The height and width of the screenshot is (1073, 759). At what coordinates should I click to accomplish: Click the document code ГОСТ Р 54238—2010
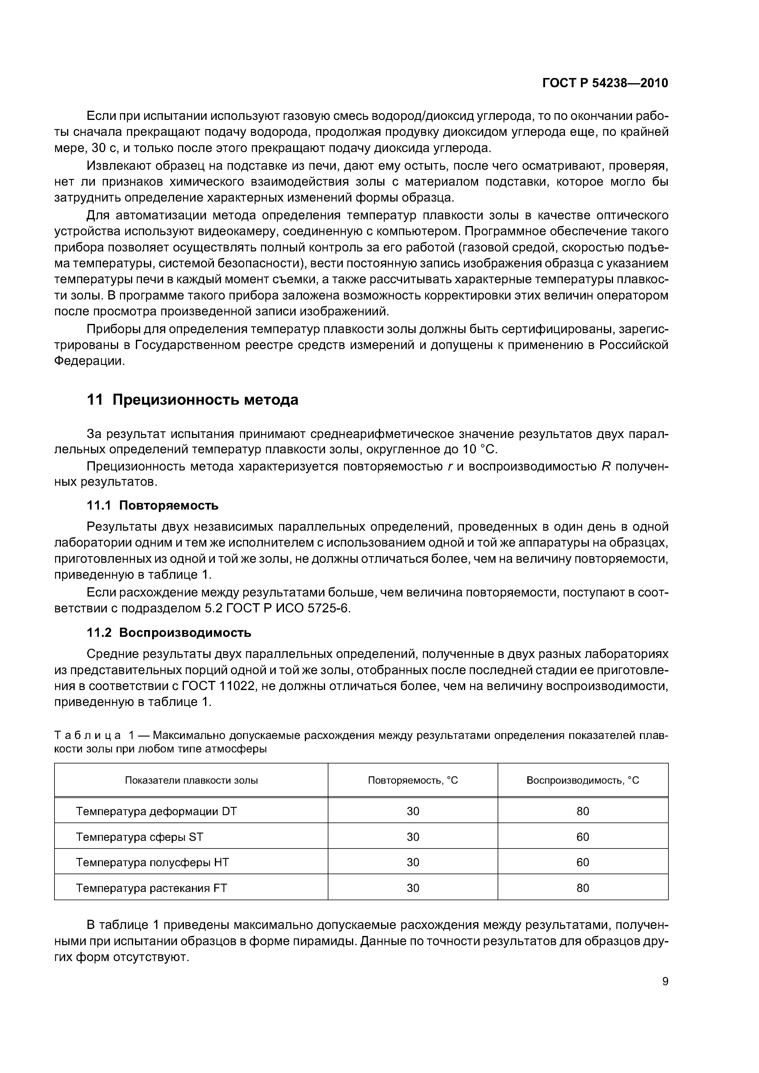pyautogui.click(x=605, y=83)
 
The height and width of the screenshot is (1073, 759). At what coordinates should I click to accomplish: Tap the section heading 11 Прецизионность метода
pyautogui.click(x=193, y=400)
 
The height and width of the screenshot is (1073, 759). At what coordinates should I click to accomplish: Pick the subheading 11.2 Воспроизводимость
pyautogui.click(x=169, y=633)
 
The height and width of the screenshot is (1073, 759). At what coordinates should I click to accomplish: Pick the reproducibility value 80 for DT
pyautogui.click(x=583, y=811)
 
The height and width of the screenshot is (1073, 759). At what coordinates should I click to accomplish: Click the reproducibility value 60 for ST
pyautogui.click(x=583, y=837)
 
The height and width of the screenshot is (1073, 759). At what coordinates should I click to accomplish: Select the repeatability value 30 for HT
pyautogui.click(x=413, y=862)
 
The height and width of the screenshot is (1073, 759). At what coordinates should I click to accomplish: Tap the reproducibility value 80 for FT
pyautogui.click(x=583, y=888)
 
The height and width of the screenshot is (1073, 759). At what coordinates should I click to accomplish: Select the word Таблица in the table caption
pyautogui.click(x=88, y=736)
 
